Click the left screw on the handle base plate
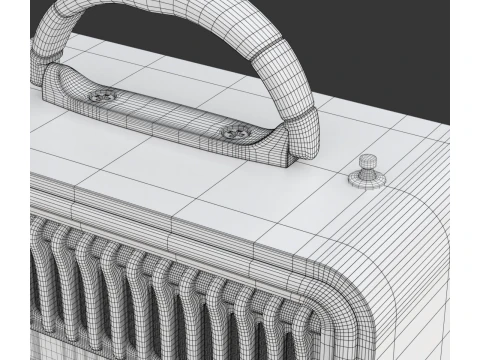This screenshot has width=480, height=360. (x=103, y=95)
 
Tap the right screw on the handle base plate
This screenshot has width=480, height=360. (x=234, y=129)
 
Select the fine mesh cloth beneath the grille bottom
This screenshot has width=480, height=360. (x=25, y=345)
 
